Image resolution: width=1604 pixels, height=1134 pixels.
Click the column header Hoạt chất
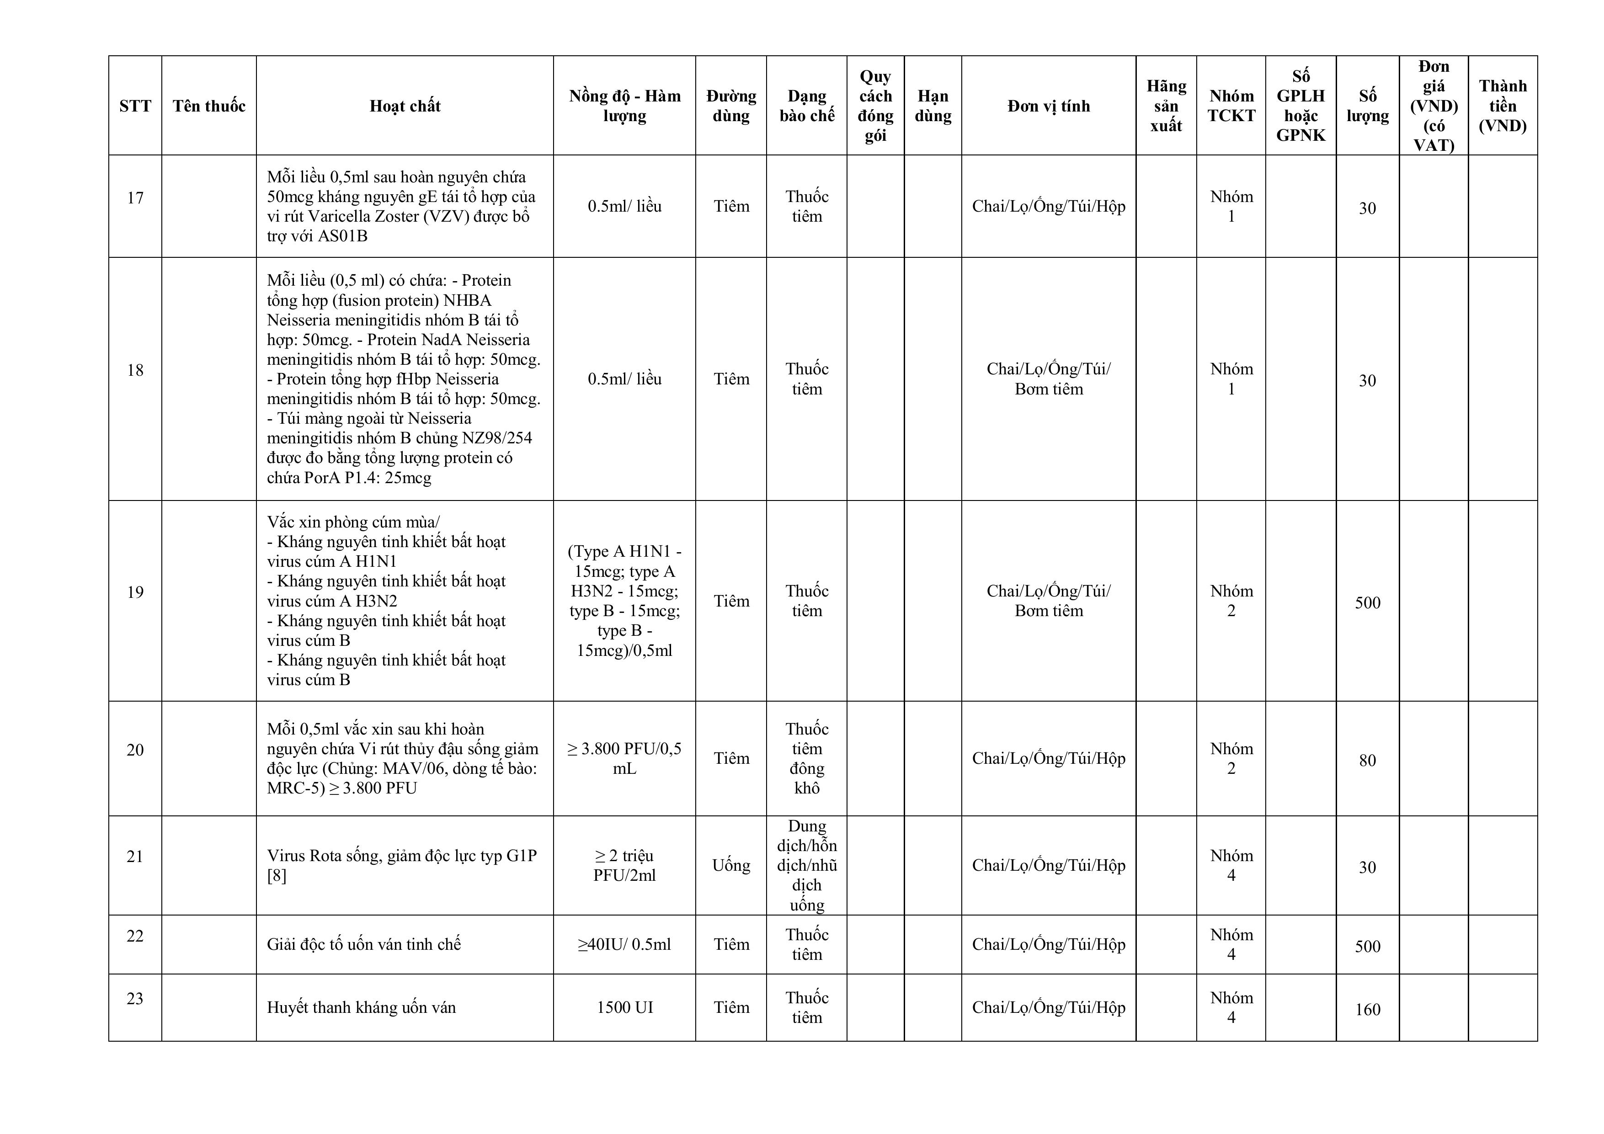pyautogui.click(x=405, y=106)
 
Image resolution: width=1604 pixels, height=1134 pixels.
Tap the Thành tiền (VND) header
pyautogui.click(x=1502, y=106)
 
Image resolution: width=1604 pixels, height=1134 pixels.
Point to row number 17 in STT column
pyautogui.click(x=135, y=198)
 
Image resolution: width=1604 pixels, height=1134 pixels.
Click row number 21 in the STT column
pyautogui.click(x=135, y=857)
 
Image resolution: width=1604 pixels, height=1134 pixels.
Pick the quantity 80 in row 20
pyautogui.click(x=1367, y=760)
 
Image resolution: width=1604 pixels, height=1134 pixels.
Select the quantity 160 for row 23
pyautogui.click(x=1367, y=1010)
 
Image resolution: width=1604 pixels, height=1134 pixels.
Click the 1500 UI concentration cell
pyautogui.click(x=624, y=1007)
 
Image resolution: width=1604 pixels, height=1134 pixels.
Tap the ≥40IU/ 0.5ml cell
pyautogui.click(x=624, y=945)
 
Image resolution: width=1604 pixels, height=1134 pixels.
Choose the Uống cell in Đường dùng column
pyautogui.click(x=731, y=866)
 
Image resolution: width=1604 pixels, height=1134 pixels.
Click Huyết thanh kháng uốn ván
pyautogui.click(x=361, y=1007)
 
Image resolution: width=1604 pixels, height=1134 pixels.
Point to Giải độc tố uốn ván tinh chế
pyautogui.click(x=364, y=945)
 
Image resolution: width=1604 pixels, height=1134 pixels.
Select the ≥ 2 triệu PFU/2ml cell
pyautogui.click(x=624, y=866)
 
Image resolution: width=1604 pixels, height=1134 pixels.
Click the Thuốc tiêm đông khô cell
pyautogui.click(x=807, y=759)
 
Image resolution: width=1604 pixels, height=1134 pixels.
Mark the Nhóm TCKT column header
pyautogui.click(x=1231, y=106)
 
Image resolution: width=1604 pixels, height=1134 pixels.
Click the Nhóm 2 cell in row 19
pyautogui.click(x=1231, y=601)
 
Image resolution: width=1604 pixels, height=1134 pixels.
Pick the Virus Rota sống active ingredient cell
pyautogui.click(x=402, y=866)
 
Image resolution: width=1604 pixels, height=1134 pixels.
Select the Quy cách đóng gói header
pyautogui.click(x=875, y=106)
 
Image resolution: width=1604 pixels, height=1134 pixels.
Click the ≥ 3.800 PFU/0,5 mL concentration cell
pyautogui.click(x=624, y=759)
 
